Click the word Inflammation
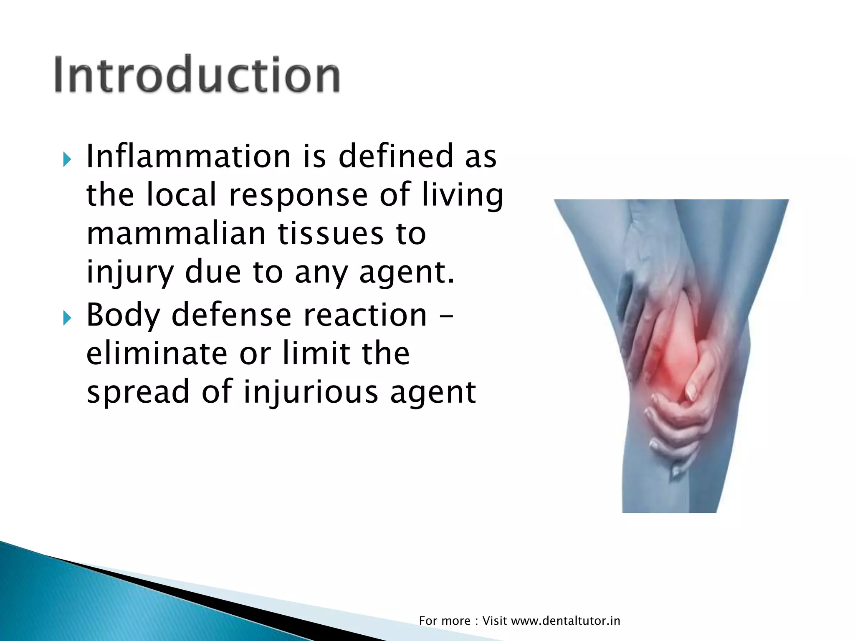pyautogui.click(x=188, y=156)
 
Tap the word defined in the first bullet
pyautogui.click(x=395, y=156)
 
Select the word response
pyautogui.click(x=298, y=195)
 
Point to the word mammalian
pyautogui.click(x=176, y=233)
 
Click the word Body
pyautogui.click(x=123, y=315)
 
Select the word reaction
pyautogui.click(x=365, y=315)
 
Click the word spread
pyautogui.click(x=138, y=393)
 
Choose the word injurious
pyautogui.click(x=311, y=393)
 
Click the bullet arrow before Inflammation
pyautogui.click(x=67, y=159)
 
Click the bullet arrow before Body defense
pyautogui.click(x=67, y=318)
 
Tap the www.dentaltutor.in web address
pyautogui.click(x=565, y=621)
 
